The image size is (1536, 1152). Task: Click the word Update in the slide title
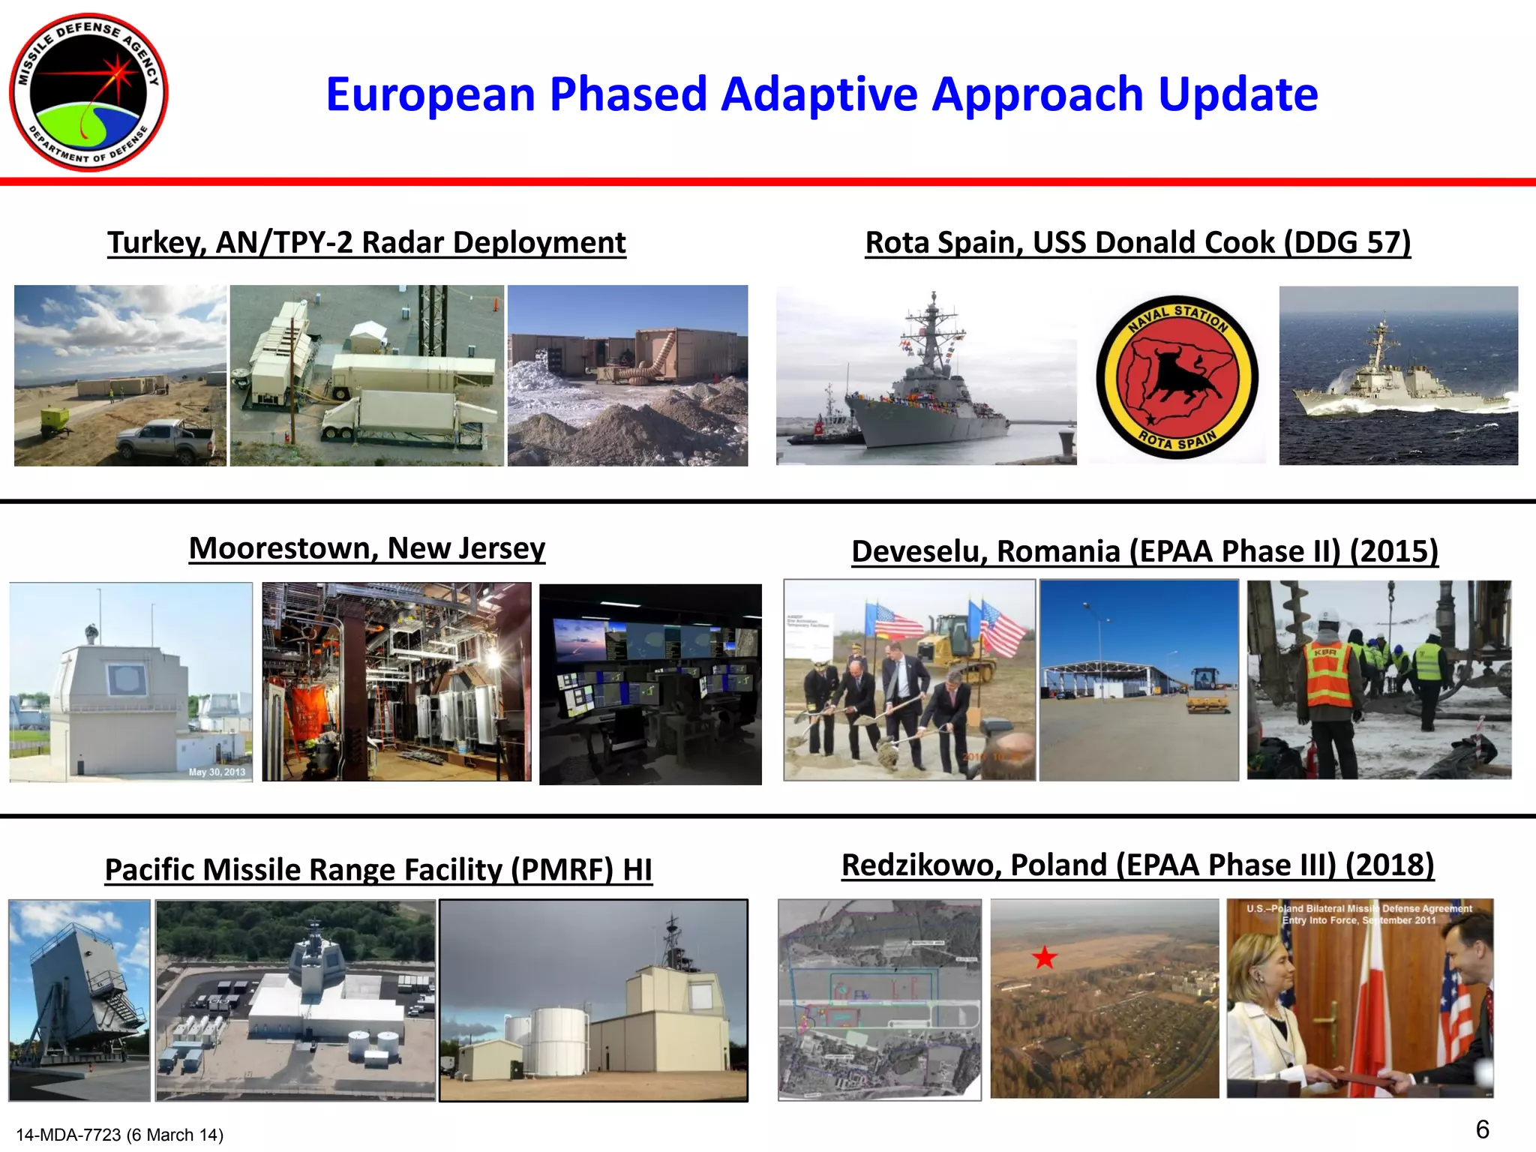[1237, 94]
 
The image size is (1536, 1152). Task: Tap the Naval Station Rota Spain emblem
[1177, 377]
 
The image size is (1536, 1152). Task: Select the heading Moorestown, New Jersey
[367, 548]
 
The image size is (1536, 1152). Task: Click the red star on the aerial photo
[1044, 958]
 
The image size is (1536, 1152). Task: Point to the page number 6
[1482, 1129]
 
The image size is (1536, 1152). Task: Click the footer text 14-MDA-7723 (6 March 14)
[120, 1135]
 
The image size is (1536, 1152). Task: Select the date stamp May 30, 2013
[217, 772]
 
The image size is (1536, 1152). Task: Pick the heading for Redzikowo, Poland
[1138, 865]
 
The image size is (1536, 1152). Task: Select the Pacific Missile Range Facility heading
[378, 870]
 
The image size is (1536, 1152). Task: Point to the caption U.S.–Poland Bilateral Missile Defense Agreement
[1359, 913]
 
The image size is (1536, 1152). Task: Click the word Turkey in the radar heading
[154, 243]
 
